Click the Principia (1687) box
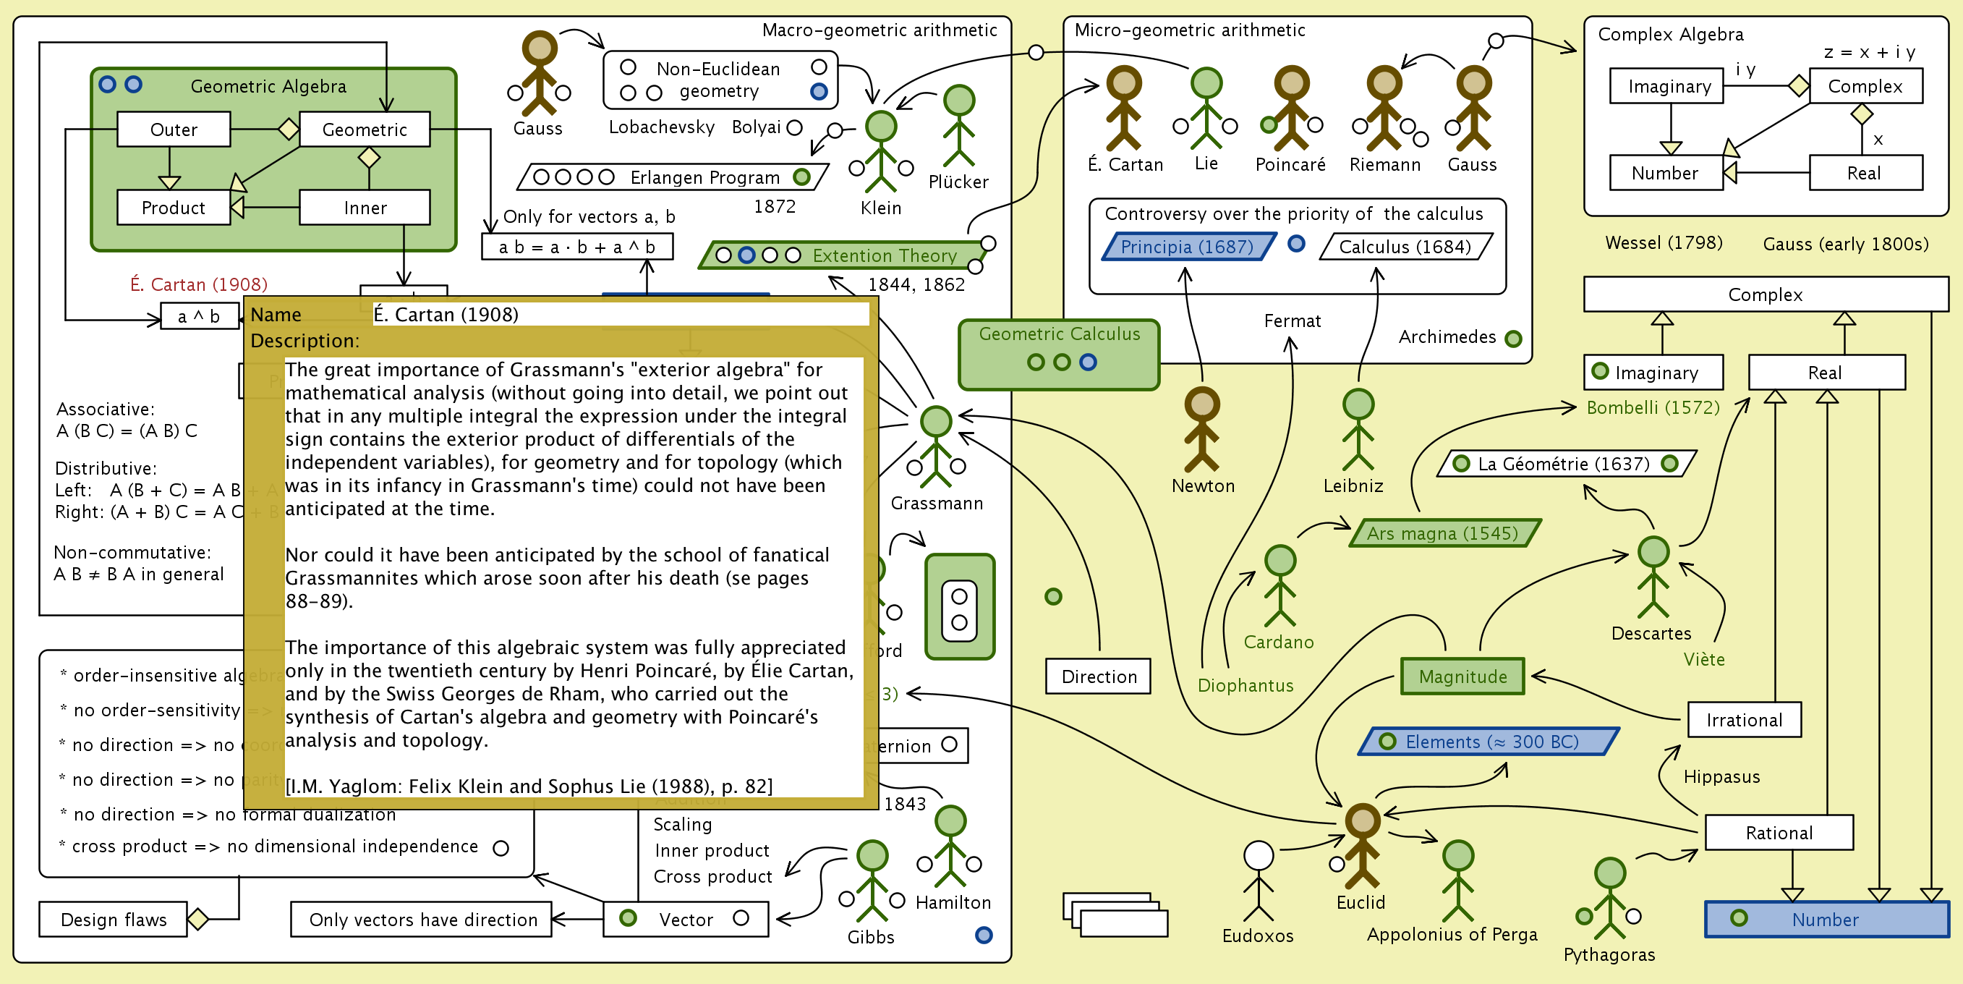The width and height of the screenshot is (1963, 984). point(1186,247)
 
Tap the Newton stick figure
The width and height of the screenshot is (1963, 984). point(1201,430)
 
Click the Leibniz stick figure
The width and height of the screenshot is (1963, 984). point(1357,430)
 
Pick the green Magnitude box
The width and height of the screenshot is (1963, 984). point(1462,676)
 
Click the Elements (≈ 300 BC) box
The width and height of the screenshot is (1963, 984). point(1490,742)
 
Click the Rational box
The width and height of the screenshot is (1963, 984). point(1779,833)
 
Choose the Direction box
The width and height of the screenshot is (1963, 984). point(1098,676)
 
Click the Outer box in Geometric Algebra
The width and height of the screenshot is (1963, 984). point(174,130)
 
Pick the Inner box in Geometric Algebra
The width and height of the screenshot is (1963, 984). point(365,208)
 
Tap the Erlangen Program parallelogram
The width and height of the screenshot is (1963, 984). point(670,177)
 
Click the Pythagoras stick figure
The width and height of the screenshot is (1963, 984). point(1609,899)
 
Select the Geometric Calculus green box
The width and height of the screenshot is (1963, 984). point(1059,355)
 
